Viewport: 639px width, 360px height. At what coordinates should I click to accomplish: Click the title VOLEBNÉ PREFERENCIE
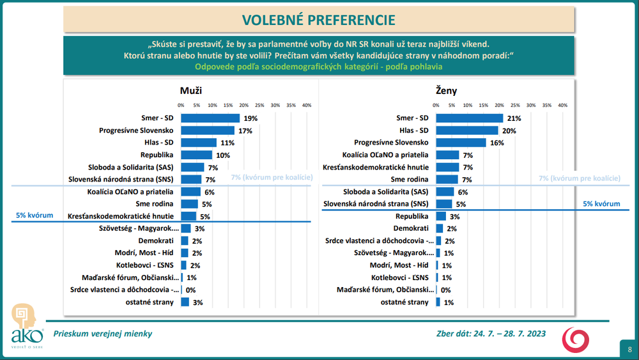pos(319,20)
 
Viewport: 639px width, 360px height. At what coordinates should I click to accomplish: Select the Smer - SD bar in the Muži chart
pos(210,118)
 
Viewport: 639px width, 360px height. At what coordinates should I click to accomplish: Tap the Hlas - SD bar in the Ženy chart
pos(467,130)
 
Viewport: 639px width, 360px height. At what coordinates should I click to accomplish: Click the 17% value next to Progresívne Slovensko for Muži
pos(245,130)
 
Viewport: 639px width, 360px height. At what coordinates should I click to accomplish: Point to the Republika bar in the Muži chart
pos(196,155)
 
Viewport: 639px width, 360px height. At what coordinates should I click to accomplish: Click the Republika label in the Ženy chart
pos(413,216)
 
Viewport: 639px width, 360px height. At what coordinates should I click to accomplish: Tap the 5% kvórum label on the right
pos(601,203)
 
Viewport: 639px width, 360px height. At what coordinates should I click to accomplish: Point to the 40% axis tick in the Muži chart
pos(306,105)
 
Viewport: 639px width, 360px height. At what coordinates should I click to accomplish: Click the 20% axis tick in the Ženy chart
pos(498,105)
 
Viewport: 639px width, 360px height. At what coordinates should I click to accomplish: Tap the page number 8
pos(629,349)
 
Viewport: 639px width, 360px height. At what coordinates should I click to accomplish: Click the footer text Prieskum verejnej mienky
pos(103,333)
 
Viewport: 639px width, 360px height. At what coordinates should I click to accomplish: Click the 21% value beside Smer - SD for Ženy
pos(514,118)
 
